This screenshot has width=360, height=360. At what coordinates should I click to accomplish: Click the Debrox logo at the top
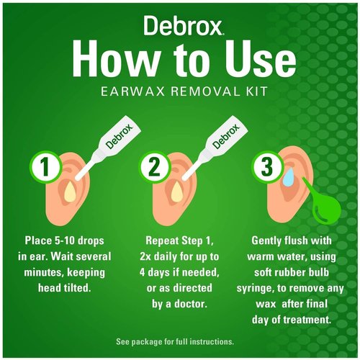(x=179, y=27)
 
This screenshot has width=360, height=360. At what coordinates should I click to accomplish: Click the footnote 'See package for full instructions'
(x=179, y=341)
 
